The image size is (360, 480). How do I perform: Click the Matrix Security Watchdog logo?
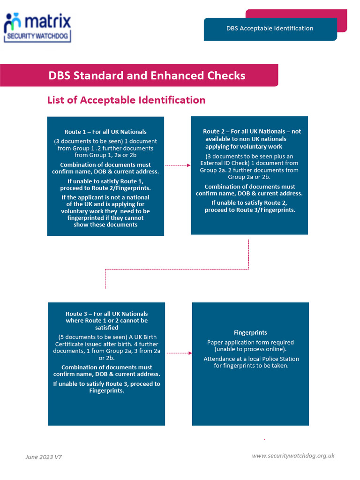[x=37, y=28]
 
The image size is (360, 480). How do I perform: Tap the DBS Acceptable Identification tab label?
[x=270, y=28]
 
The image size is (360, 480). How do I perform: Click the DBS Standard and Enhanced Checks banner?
[x=147, y=75]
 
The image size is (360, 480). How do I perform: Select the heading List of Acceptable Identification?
[x=126, y=100]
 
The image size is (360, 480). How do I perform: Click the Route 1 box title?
[x=105, y=132]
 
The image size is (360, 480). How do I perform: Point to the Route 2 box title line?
[x=252, y=131]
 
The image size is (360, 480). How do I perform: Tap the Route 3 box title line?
[x=106, y=314]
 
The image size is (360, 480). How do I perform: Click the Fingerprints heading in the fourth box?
[x=250, y=332]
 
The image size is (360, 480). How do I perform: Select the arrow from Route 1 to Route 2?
[x=178, y=165]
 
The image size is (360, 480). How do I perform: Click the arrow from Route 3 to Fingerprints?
[x=179, y=353]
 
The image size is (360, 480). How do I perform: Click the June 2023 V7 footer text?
[x=44, y=457]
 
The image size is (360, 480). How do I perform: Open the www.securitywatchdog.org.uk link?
[x=293, y=456]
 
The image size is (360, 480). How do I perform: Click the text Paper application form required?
[x=250, y=342]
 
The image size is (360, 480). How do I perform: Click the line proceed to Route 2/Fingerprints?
[x=105, y=188]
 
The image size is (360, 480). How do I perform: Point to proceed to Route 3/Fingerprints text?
[x=250, y=210]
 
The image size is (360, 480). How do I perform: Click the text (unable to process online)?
[x=250, y=349]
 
